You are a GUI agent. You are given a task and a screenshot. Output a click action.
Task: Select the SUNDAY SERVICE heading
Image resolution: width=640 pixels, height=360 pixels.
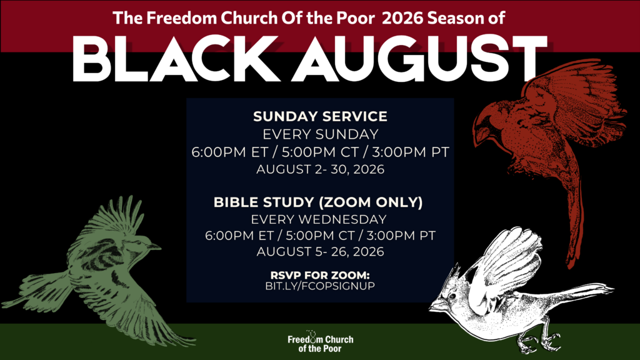[320, 116]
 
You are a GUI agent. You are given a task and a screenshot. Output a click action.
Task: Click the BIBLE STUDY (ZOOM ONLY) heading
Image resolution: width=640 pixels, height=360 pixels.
[318, 202]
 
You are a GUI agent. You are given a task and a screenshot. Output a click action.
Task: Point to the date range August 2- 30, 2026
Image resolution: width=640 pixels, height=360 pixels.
[321, 169]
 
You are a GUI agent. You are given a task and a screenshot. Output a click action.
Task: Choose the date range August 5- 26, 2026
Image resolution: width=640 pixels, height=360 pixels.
[321, 251]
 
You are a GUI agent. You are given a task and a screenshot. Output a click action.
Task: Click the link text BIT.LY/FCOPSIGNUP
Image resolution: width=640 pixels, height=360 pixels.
[320, 286]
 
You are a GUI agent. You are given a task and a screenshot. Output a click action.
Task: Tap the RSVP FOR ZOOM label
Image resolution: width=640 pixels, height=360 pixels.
[320, 275]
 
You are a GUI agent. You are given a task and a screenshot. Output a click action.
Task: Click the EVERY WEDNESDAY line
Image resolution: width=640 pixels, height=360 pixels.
[319, 219]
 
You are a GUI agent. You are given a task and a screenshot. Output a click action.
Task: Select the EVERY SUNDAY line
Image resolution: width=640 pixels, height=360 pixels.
[321, 134]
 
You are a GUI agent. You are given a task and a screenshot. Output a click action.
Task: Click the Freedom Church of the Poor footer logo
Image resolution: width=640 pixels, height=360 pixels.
[321, 342]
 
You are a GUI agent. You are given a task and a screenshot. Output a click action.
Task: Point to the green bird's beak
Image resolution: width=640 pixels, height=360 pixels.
[155, 246]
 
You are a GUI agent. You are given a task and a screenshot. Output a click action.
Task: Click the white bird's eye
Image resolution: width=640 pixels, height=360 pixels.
[452, 296]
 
